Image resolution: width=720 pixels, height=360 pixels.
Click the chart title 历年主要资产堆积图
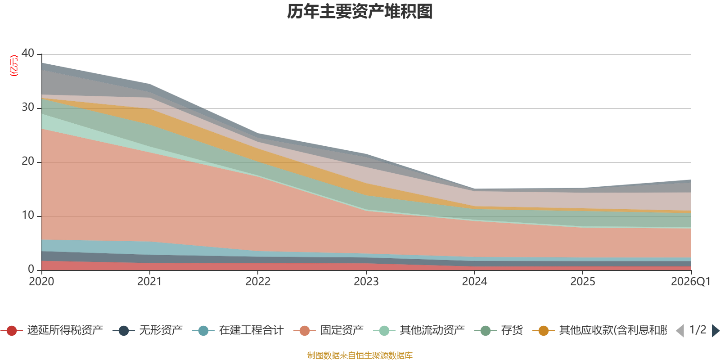tap(360, 12)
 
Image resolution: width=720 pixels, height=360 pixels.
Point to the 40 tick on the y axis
tap(28, 53)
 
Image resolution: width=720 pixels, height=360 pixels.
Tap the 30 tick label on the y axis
tap(28, 107)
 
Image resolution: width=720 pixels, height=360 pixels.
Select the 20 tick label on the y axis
tap(28, 161)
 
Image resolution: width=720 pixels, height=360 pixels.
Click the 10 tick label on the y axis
tap(28, 215)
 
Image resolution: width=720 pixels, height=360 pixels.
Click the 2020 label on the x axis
tap(41, 282)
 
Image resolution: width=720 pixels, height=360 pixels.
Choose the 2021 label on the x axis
tap(149, 282)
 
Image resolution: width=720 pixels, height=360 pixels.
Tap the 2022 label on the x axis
tap(258, 282)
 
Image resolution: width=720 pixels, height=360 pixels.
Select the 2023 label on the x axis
tap(366, 282)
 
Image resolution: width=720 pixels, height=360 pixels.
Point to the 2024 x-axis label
tap(474, 282)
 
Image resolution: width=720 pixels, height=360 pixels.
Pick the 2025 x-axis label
tap(583, 282)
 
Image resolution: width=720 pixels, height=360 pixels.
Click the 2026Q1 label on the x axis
tap(691, 282)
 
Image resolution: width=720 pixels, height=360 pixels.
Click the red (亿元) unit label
tap(14, 66)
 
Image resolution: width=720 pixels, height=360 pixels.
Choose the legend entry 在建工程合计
tap(238, 330)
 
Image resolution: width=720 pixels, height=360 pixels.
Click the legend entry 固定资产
tap(329, 330)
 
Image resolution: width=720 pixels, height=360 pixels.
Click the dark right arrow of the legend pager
tap(715, 330)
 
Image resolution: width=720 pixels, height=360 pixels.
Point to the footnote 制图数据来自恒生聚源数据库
tap(360, 355)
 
